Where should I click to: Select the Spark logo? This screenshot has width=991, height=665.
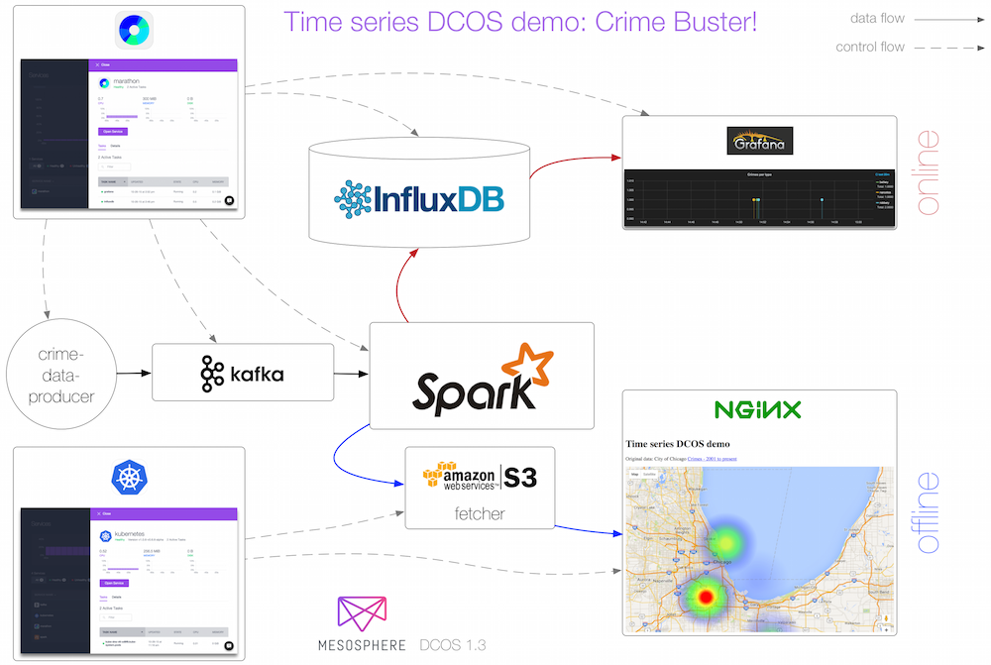[482, 383]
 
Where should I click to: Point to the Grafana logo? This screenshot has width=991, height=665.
[760, 142]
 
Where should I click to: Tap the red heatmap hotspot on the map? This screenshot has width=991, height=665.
[705, 595]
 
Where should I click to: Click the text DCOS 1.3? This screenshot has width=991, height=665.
[452, 644]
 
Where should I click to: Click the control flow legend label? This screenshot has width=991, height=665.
[870, 47]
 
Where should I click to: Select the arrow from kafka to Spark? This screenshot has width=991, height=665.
[351, 374]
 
